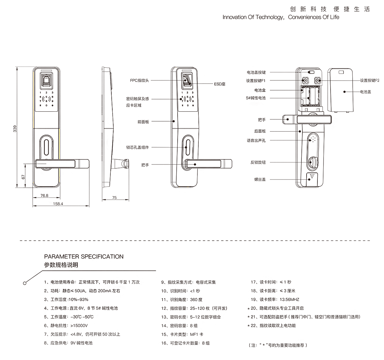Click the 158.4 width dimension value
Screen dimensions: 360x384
coord(58,204)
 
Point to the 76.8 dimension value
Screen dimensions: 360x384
coord(44,196)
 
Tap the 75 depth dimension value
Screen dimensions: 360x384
coord(115,198)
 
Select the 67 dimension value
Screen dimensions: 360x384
coord(23,176)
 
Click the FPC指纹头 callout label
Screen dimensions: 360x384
coord(139,80)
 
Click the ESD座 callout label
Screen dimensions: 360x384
coord(220,84)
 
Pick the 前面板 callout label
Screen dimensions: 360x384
coord(143,122)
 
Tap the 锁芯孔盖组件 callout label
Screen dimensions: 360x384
coord(137,148)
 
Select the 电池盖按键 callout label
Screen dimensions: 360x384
coord(256,73)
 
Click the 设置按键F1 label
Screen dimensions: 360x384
coord(256,81)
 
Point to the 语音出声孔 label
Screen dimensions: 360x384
coord(256,140)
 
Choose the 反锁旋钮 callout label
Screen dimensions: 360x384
coord(258,163)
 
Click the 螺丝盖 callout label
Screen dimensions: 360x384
coord(260,180)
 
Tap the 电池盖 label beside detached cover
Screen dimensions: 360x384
coord(365,92)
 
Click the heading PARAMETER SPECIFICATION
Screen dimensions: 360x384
coord(84,257)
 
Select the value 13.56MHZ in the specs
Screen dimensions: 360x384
coord(289,300)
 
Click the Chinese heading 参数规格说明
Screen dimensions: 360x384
coord(61,265)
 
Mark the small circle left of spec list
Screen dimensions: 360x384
coord(25,283)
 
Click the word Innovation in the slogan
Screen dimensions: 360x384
coord(235,17)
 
